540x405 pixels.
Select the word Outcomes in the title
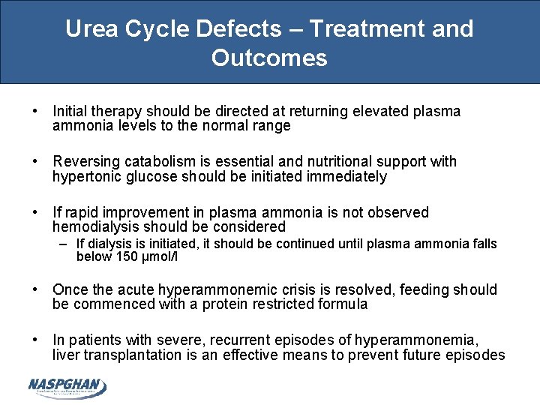(x=269, y=58)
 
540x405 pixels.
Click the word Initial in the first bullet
(x=69, y=112)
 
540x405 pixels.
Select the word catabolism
(x=157, y=162)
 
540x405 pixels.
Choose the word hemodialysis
(x=96, y=227)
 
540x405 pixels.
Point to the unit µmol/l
(x=163, y=257)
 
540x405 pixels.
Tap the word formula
(x=343, y=304)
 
